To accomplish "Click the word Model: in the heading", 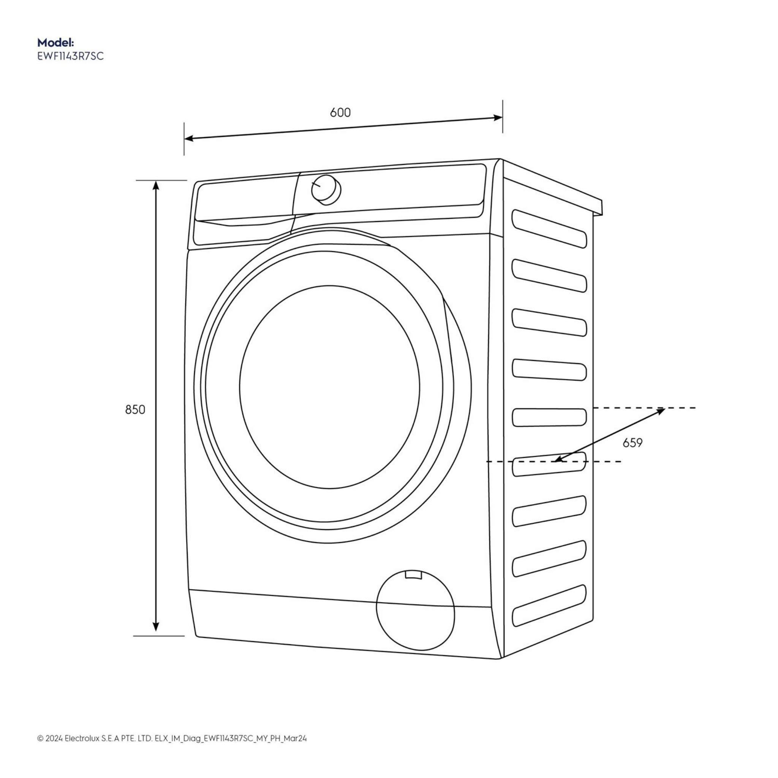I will pos(55,42).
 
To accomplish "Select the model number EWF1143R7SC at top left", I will pos(71,56).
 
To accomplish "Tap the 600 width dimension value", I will pos(340,112).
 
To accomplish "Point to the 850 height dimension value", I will pos(135,410).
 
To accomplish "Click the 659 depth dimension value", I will pos(633,443).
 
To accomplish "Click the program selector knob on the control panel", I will pos(326,189).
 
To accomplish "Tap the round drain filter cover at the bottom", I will pos(415,610).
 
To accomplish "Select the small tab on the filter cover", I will pos(413,575).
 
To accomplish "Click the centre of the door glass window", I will pos(329,387).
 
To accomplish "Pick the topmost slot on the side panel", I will pos(549,228).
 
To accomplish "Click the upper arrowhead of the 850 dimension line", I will pos(156,185).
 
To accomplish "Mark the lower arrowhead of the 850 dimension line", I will pos(156,626).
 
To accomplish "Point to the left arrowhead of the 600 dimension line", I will pos(189,139).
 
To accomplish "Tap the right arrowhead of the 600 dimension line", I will pos(498,118).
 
